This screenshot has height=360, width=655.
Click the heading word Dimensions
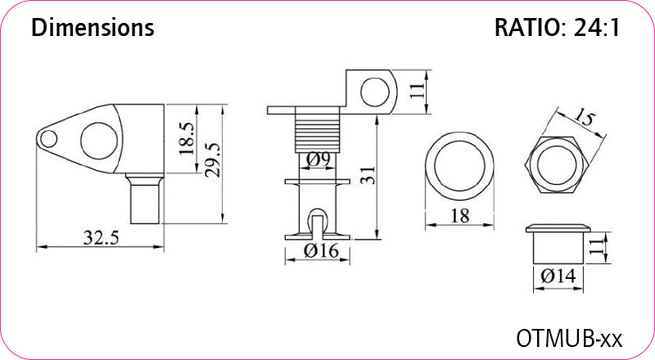[93, 28]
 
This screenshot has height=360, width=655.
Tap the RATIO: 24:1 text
[558, 28]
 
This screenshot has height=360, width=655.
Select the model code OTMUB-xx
[569, 338]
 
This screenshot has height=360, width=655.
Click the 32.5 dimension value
[101, 237]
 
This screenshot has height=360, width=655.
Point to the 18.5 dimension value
[187, 138]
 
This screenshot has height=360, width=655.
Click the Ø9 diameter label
[318, 159]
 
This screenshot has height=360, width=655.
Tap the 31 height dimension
[368, 175]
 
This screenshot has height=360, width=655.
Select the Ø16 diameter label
[321, 251]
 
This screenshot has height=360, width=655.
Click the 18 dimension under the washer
[459, 216]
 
